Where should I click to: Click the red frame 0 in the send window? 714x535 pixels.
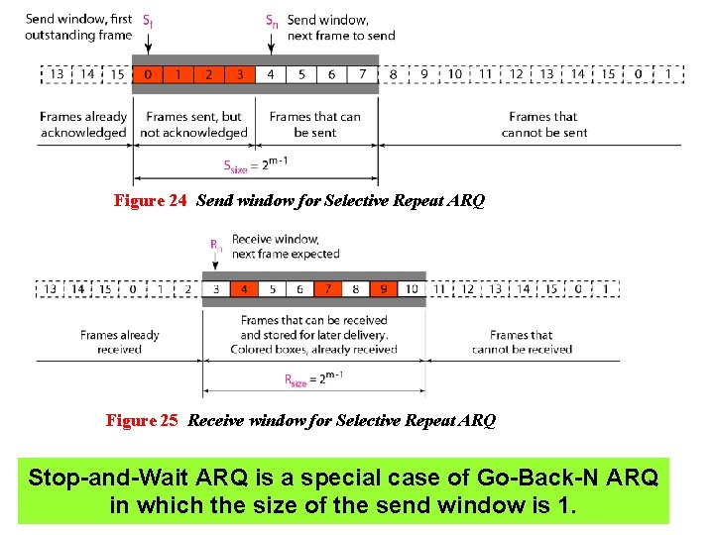[x=148, y=74]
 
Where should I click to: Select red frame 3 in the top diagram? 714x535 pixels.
[x=240, y=74]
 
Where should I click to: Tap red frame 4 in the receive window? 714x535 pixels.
[x=244, y=289]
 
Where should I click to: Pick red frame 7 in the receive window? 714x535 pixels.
[x=328, y=289]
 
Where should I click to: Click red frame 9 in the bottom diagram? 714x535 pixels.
[x=384, y=289]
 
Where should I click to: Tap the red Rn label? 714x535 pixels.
[x=215, y=243]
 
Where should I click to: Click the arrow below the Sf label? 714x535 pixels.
[x=148, y=44]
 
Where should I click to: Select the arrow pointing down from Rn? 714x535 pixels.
[x=215, y=264]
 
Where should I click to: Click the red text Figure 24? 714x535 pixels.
[x=150, y=201]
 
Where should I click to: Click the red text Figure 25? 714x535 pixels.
[x=142, y=421]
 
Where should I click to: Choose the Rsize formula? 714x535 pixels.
[x=313, y=379]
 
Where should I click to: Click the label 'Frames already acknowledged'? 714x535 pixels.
[x=83, y=125]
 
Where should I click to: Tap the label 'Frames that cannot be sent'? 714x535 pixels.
[x=543, y=125]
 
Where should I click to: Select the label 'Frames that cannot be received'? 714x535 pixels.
[x=522, y=342]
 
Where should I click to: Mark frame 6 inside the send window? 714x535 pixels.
[x=332, y=74]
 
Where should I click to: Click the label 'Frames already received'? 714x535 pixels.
[x=119, y=342]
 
